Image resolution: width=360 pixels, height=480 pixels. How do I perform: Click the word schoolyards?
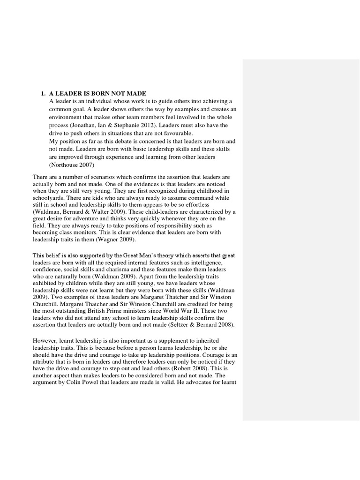49,198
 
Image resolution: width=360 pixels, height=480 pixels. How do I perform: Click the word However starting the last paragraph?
45,340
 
